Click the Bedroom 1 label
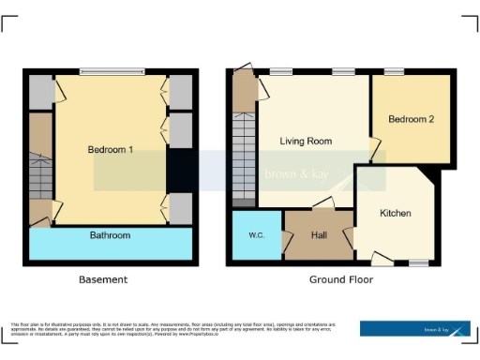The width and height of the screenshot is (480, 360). point(111,150)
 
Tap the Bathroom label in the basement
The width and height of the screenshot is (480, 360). point(110,235)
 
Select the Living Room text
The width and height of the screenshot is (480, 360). point(306,142)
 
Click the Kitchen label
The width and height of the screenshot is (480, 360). point(395,214)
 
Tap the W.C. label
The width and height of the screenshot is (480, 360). point(255,233)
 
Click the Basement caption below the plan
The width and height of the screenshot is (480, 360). point(104,279)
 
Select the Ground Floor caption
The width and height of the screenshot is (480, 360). point(341,279)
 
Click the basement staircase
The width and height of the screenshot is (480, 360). point(40,173)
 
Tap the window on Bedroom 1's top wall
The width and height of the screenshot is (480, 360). point(112,71)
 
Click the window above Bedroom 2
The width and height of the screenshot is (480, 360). point(394,71)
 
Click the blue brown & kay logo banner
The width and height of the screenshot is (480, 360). point(415,328)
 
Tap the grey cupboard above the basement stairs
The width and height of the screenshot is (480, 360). point(40,92)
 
